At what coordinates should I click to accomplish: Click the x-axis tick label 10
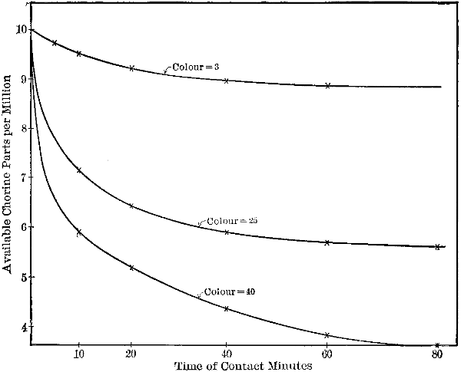click(x=78, y=355)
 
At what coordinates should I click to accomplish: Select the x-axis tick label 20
click(x=131, y=355)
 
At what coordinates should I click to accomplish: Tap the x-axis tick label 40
click(x=227, y=355)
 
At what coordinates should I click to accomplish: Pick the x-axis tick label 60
click(x=327, y=355)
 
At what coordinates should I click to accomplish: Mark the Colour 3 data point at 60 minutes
click(x=328, y=85)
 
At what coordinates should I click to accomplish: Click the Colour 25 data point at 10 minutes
click(x=79, y=170)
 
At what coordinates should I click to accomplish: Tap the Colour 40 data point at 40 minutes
click(x=226, y=308)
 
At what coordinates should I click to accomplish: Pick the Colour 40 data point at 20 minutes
click(x=131, y=268)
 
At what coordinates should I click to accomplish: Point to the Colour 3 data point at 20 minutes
click(x=131, y=68)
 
